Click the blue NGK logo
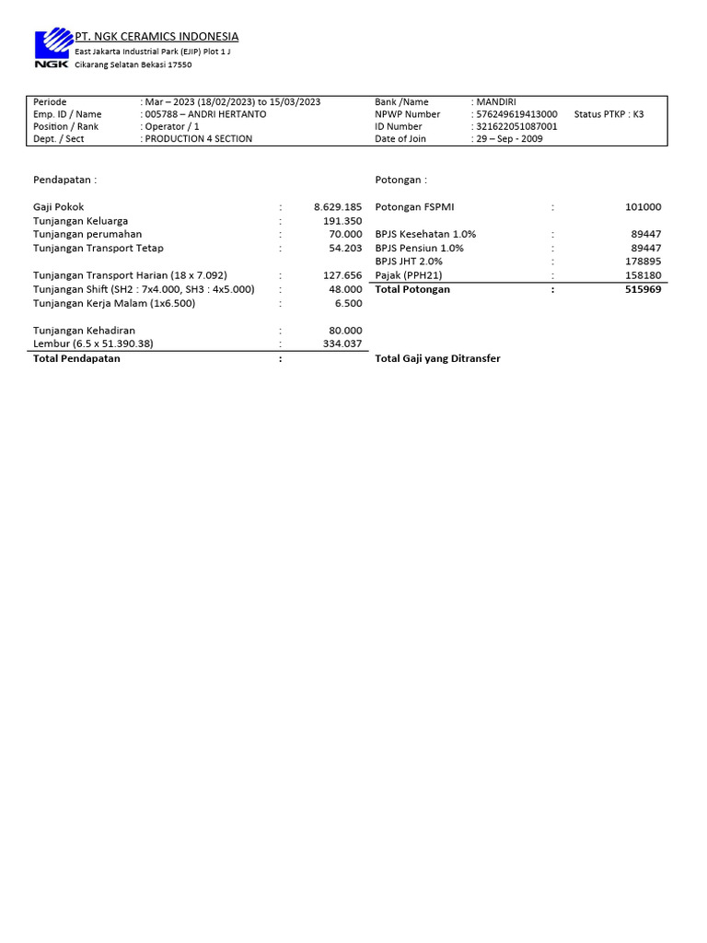pos(53,47)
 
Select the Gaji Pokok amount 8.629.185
pos(338,207)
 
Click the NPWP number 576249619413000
pos(517,114)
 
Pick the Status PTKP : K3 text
pos(608,114)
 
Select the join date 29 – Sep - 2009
pos(509,139)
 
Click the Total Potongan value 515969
pos(643,289)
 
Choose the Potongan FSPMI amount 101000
pos(643,207)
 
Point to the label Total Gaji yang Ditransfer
pos(437,358)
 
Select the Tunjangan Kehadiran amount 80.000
pos(345,331)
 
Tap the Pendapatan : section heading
pos(64,180)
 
